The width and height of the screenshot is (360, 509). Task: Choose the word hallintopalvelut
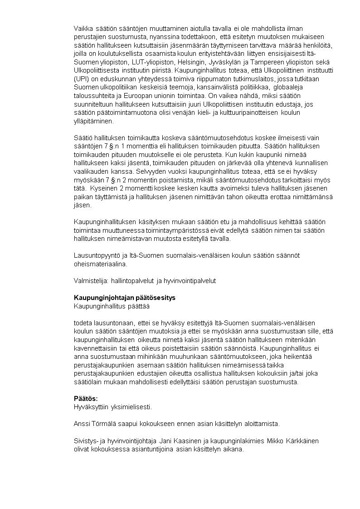pos(133,281)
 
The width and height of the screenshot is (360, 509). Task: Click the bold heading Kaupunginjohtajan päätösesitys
pos(125,298)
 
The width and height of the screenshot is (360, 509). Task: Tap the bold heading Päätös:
pos(86,398)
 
